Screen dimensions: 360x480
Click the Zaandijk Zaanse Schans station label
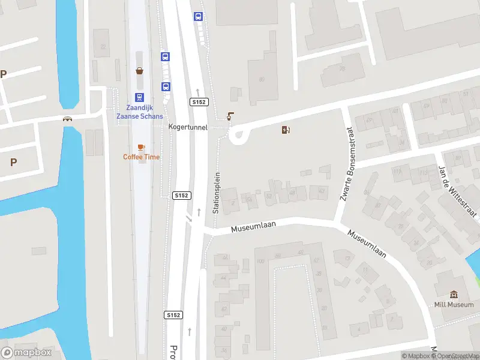click(x=139, y=112)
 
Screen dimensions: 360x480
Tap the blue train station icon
click(x=139, y=97)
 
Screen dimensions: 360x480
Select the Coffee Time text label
click(x=142, y=157)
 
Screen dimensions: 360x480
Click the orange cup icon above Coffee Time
click(x=142, y=147)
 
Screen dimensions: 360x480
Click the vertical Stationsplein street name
click(x=217, y=193)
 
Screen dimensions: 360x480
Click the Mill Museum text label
click(x=454, y=305)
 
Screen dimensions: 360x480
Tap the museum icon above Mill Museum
click(x=454, y=295)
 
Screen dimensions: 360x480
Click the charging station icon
click(x=286, y=129)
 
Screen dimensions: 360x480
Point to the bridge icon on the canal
click(x=68, y=119)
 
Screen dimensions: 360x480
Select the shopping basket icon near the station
click(x=139, y=71)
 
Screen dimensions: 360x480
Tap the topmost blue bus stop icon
click(x=197, y=17)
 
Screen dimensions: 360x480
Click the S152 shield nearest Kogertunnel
click(x=199, y=103)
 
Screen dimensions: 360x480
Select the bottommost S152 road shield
click(x=173, y=314)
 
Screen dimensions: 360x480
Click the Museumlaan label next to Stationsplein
click(x=253, y=226)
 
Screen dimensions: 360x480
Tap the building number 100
click(x=260, y=262)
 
